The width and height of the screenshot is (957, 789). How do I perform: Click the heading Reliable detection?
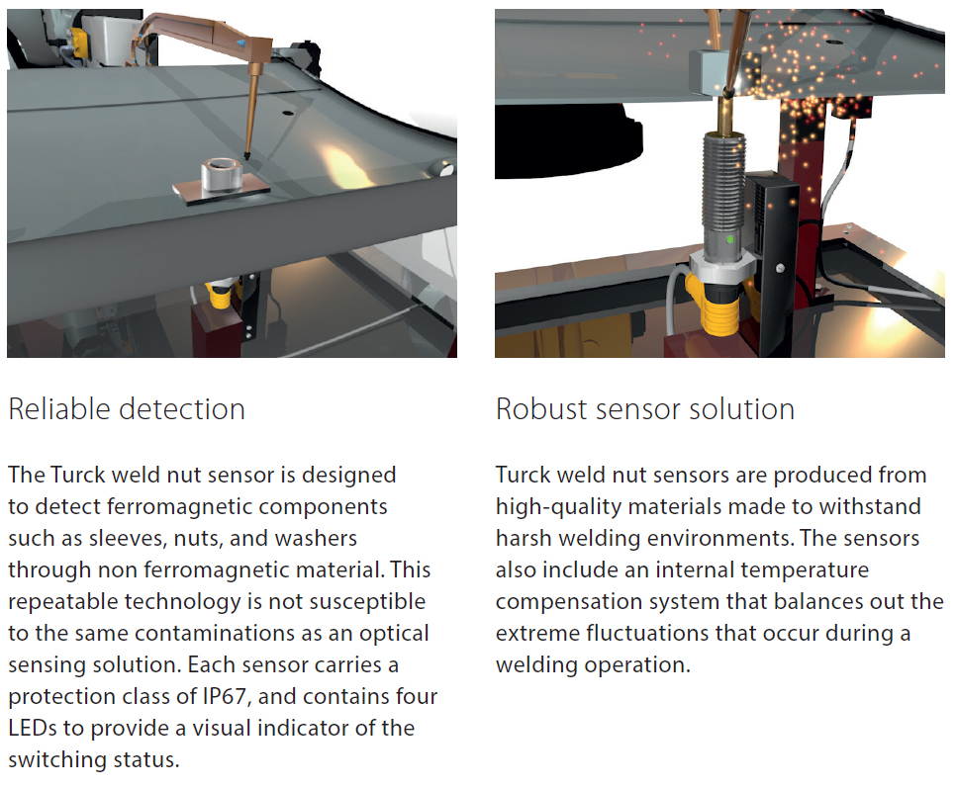pos(127,408)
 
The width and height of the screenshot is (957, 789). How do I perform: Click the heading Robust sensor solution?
pos(644,408)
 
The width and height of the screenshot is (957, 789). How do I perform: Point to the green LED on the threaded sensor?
pos(730,240)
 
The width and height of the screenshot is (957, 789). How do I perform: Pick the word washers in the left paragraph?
pos(315,538)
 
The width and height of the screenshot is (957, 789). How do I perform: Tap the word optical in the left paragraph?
pos(395,633)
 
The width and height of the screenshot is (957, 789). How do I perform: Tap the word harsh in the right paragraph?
pos(523,538)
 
